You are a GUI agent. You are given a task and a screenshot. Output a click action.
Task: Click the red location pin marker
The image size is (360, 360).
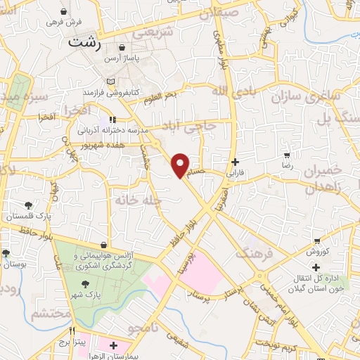[x=181, y=165]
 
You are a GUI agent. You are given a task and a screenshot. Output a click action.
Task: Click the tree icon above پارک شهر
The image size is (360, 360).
[x=86, y=284]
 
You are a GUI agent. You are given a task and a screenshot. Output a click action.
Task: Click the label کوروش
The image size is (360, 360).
[x=319, y=251]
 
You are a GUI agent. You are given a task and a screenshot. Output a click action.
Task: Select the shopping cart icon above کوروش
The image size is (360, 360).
[x=319, y=240]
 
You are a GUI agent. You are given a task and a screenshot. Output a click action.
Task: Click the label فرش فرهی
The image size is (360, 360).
[x=65, y=22]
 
